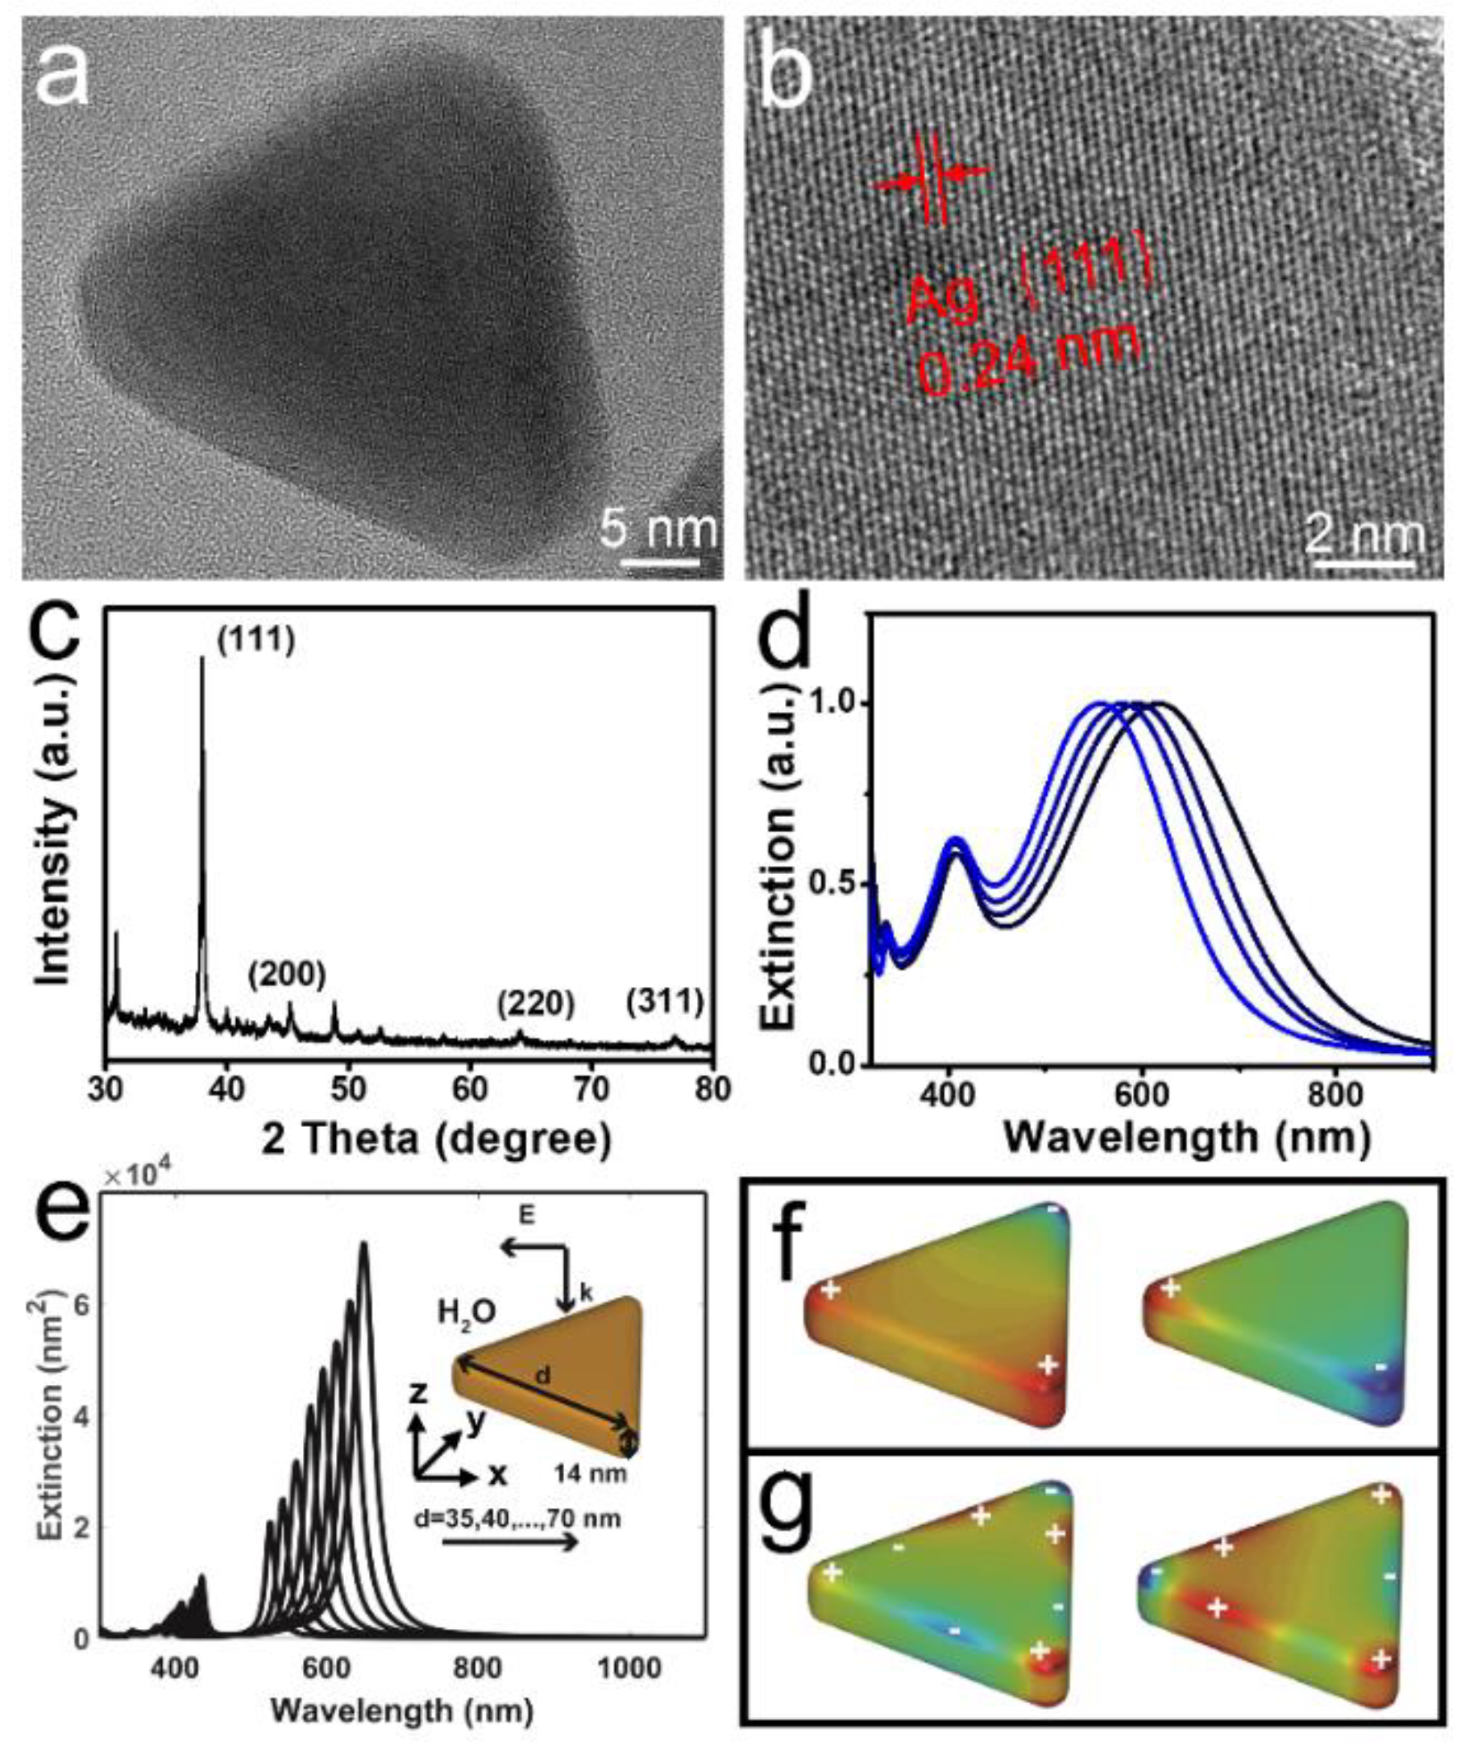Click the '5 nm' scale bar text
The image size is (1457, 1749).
tap(658, 530)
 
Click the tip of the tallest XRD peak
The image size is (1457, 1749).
tap(201, 659)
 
